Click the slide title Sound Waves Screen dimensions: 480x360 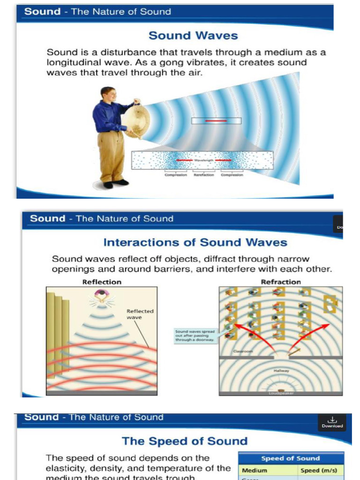pos(193,36)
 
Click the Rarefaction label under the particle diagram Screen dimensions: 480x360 pos(204,175)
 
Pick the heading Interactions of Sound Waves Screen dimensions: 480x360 pos(195,242)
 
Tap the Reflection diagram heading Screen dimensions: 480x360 pos(102,282)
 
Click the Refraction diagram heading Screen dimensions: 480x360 pos(281,282)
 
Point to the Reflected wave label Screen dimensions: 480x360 pos(140,314)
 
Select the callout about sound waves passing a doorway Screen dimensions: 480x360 pos(195,336)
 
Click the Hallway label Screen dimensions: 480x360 pos(281,370)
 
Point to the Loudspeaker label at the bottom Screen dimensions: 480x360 pos(281,393)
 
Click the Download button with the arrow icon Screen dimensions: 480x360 pos(332,422)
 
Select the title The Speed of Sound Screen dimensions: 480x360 pos(185,441)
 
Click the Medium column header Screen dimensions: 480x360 pos(255,470)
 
